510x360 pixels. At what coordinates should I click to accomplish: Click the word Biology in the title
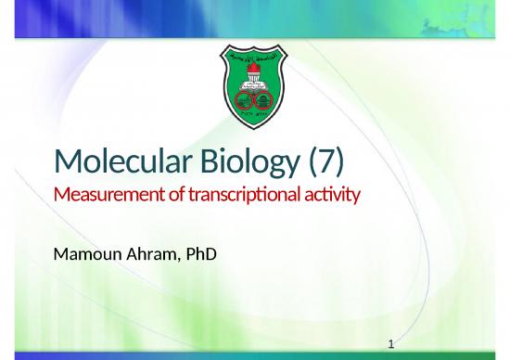pyautogui.click(x=237, y=163)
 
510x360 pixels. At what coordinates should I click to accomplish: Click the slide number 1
pyautogui.click(x=392, y=344)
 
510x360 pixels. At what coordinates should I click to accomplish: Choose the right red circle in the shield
pyautogui.click(x=264, y=96)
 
